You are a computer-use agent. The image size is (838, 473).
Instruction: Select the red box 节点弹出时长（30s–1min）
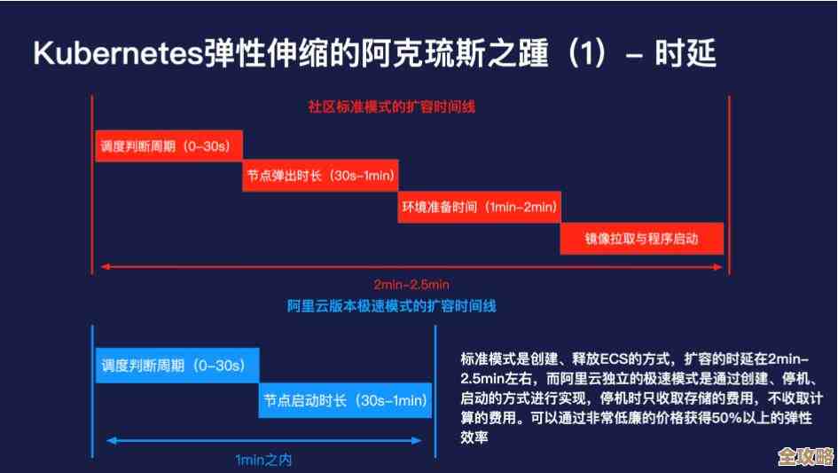(x=320, y=176)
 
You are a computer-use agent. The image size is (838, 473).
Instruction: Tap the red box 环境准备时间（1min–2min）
(x=479, y=207)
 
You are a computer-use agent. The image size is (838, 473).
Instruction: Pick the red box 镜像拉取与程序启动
(x=641, y=238)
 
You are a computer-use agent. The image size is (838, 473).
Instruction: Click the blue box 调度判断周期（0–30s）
(x=176, y=365)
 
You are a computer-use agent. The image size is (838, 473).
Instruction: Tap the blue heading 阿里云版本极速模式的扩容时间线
(x=391, y=306)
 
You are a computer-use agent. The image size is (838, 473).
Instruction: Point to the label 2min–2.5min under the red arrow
(x=411, y=284)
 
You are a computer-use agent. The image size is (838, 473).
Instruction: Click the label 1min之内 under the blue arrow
(x=263, y=460)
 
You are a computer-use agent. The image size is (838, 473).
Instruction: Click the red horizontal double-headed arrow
(x=411, y=265)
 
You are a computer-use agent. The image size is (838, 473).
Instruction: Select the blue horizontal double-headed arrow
(x=263, y=440)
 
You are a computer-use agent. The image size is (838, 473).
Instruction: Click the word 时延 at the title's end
(x=685, y=54)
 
